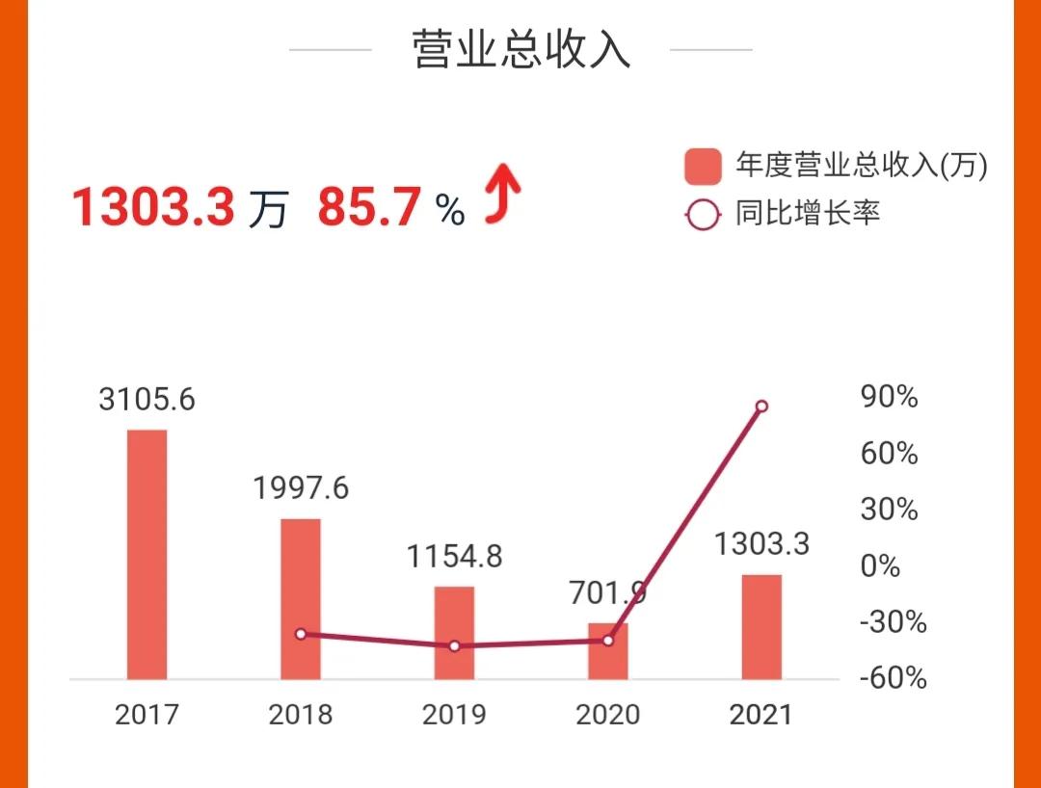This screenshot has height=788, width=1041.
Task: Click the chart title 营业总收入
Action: (521, 49)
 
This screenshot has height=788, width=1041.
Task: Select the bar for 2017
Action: (147, 554)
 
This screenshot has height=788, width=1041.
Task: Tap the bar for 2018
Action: (301, 599)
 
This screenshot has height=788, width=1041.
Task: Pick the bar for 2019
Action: (454, 632)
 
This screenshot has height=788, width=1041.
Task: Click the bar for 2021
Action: (761, 626)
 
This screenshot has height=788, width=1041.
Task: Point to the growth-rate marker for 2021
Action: (761, 407)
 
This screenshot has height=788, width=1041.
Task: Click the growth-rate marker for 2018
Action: (301, 634)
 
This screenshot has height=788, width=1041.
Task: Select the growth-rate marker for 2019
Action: (454, 645)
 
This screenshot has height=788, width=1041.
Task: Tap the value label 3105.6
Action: (147, 398)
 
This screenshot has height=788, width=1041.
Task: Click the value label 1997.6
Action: (301, 487)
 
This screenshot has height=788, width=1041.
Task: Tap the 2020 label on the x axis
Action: (607, 715)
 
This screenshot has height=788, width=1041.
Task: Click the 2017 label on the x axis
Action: (147, 715)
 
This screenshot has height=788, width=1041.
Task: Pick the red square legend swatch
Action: (703, 167)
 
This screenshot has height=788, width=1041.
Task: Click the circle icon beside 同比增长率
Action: (703, 213)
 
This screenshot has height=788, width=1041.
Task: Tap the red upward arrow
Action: (502, 192)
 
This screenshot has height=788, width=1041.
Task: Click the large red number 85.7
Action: (370, 206)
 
